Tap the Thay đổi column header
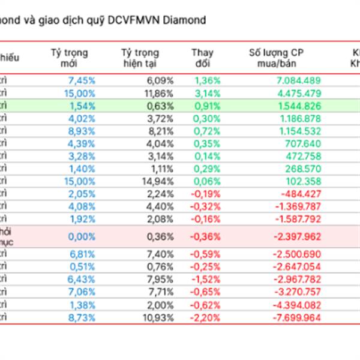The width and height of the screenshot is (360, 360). tap(202, 58)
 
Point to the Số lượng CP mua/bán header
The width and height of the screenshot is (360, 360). tap(276, 58)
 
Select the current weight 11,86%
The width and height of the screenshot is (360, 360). tap(160, 93)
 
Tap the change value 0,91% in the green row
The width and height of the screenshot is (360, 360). tap(207, 106)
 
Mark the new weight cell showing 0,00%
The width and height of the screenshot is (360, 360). tap(82, 236)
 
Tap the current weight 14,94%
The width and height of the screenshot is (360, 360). tap(160, 181)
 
